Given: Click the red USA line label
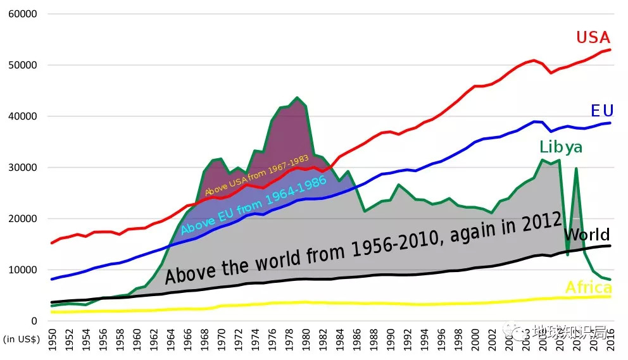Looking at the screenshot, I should pyautogui.click(x=593, y=37).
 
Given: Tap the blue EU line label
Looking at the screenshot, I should pyautogui.click(x=602, y=111).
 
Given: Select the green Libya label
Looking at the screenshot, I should pyautogui.click(x=561, y=147).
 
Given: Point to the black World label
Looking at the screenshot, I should pyautogui.click(x=586, y=234).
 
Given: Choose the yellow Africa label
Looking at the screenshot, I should pyautogui.click(x=588, y=288).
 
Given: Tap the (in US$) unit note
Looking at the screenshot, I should pyautogui.click(x=22, y=340).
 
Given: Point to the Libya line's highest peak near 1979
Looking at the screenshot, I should pyautogui.click(x=297, y=97).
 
